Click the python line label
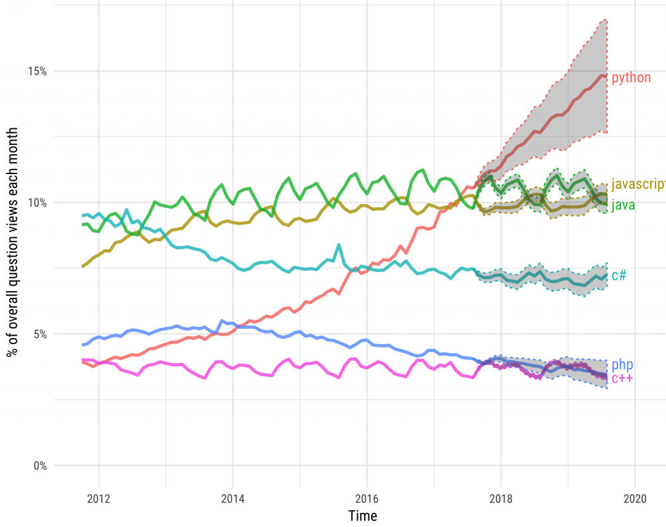tap(631, 78)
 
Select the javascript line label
tap(638, 184)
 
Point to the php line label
tap(622, 365)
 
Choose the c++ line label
tap(622, 379)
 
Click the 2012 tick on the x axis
tap(98, 497)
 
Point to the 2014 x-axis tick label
tap(232, 497)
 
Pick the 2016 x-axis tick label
tap(367, 497)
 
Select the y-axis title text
tap(13, 243)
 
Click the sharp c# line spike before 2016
tap(339, 245)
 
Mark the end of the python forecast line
tap(606, 76)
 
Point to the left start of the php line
tap(82, 345)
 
